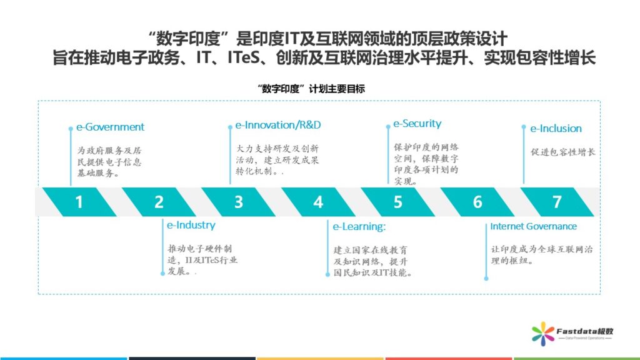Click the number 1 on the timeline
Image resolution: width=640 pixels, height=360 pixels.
click(79, 202)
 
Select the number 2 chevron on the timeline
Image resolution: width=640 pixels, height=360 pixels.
click(159, 202)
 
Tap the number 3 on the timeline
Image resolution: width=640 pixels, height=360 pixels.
click(238, 202)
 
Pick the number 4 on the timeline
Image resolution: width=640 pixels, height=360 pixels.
click(318, 202)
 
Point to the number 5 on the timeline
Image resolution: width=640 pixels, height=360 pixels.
click(397, 202)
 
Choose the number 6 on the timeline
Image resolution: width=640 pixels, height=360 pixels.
click(477, 202)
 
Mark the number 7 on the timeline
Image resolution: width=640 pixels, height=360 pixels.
click(557, 202)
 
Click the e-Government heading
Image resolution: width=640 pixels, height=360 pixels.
click(110, 127)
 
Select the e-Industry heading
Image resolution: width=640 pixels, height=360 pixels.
click(191, 225)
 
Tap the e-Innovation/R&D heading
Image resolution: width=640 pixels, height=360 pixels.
click(278, 125)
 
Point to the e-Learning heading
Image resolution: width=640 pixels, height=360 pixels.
click(359, 226)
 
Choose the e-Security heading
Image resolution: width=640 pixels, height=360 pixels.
click(417, 124)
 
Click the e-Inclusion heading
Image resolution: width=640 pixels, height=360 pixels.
click(556, 129)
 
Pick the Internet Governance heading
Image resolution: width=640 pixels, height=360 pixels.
click(534, 226)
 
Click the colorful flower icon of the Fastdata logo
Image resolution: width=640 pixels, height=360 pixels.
click(543, 334)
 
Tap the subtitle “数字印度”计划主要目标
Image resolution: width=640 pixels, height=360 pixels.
click(311, 89)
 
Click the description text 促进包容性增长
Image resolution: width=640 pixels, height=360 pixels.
click(563, 152)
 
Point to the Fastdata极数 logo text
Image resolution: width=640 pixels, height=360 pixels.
click(585, 331)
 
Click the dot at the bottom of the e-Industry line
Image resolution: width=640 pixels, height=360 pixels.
click(162, 274)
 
